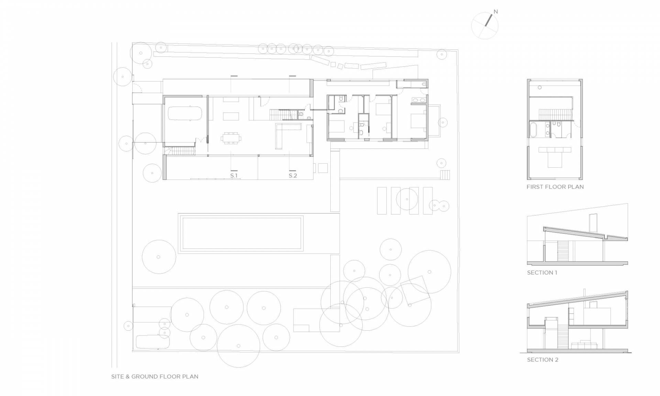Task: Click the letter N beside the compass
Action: (495, 12)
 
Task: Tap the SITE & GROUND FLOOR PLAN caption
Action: (155, 376)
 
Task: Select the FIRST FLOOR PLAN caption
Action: (555, 187)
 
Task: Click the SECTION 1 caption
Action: (542, 273)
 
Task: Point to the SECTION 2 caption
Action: (543, 360)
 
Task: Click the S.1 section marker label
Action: (234, 176)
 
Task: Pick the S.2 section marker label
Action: (293, 176)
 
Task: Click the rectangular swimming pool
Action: (241, 233)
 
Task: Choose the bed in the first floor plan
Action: (554, 157)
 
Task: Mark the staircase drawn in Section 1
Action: (563, 251)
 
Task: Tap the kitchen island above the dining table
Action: (231, 117)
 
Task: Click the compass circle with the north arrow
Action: (485, 25)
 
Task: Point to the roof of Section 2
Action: (577, 298)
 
